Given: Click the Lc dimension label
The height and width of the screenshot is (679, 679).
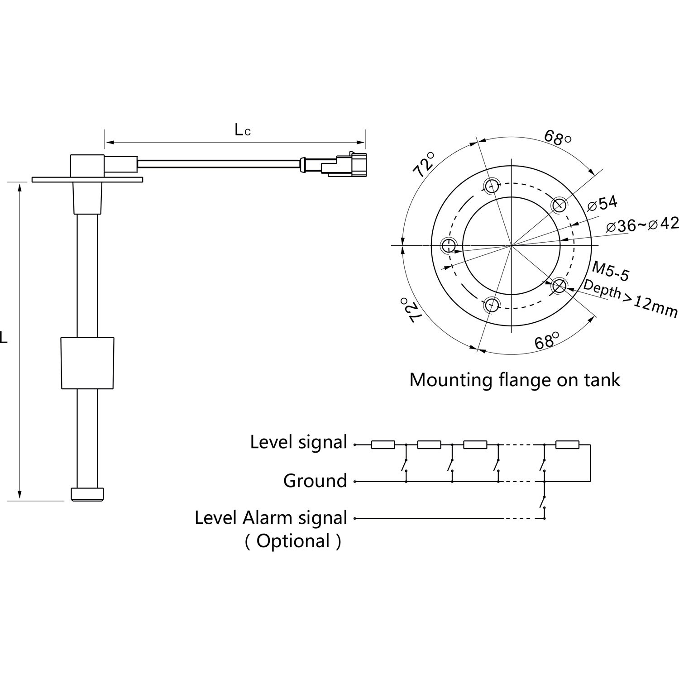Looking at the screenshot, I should coord(242,130).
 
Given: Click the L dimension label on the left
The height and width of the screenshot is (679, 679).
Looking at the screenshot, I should coord(4,337).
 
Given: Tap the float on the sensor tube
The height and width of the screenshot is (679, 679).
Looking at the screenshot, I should coord(87,363).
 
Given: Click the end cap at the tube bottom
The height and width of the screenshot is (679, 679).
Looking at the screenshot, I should coord(87,494).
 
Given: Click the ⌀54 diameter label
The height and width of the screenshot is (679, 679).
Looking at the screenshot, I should coord(602,204).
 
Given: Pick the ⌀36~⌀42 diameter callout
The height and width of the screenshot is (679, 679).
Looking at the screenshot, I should coord(642,225).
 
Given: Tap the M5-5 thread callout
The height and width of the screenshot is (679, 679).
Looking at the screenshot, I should coord(610,272).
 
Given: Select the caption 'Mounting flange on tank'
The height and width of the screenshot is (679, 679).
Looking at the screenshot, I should coord(514,379).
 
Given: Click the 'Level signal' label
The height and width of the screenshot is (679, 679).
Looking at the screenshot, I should coord(298,442).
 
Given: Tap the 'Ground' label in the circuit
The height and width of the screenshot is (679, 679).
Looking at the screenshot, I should coord(315,481).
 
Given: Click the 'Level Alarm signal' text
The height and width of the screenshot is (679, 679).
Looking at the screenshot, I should coord(271,517).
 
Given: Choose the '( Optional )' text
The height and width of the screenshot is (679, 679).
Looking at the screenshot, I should coord(292,541).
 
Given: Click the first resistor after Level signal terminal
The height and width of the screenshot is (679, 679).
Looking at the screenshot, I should coord(383,445).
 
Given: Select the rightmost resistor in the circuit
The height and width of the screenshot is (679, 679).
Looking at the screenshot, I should coord(567,445).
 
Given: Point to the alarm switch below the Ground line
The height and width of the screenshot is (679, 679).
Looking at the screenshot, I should coord(542,502).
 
